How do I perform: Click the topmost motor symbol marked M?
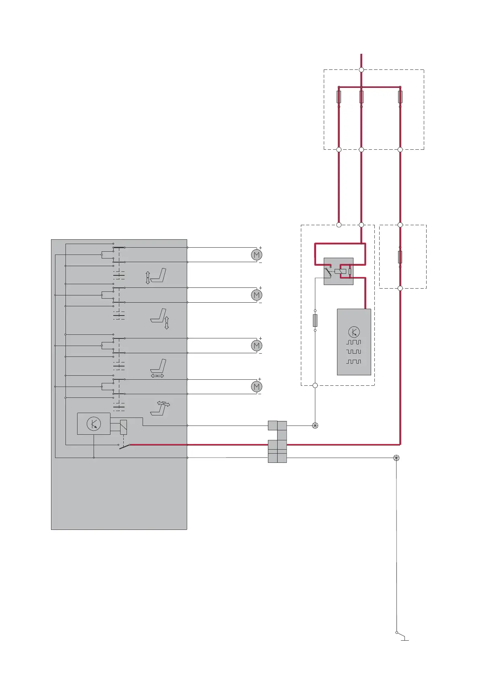[256, 255]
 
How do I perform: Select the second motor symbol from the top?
[256, 295]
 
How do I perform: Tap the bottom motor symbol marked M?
[256, 387]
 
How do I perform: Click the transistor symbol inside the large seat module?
[94, 424]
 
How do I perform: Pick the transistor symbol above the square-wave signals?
[354, 332]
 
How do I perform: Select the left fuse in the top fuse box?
[339, 97]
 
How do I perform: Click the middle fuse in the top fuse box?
[361, 97]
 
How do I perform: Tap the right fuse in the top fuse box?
[400, 97]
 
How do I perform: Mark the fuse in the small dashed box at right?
[400, 257]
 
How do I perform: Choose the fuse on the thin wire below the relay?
[315, 320]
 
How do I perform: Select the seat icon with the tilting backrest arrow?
[160, 408]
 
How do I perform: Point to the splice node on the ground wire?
[396, 458]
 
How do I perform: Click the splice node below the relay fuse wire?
[315, 426]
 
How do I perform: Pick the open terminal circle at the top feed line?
[361, 70]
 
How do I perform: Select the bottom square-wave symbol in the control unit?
[353, 362]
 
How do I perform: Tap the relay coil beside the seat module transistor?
[124, 427]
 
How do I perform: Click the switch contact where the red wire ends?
[125, 446]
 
